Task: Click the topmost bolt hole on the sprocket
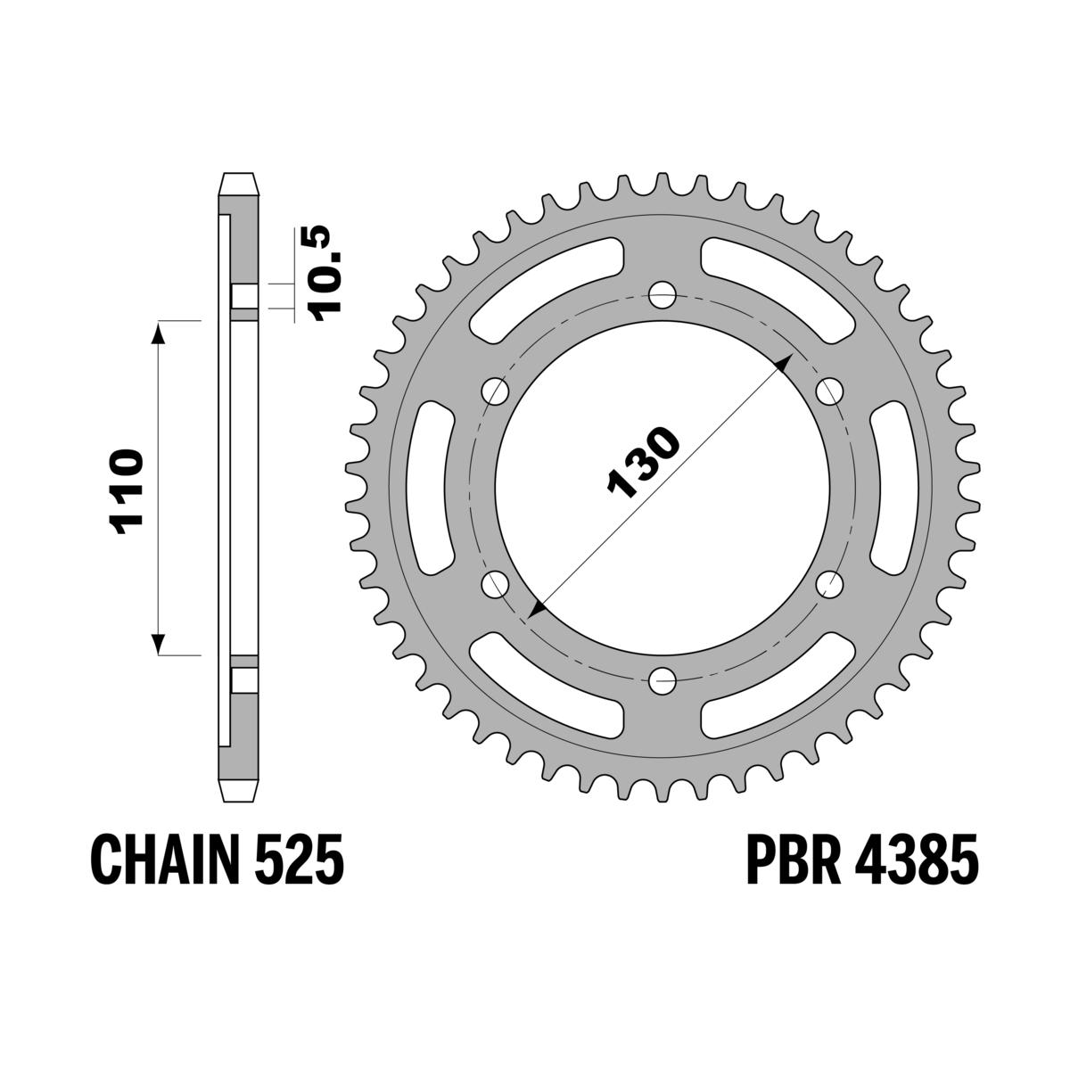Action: [662, 294]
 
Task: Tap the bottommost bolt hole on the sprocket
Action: [662, 682]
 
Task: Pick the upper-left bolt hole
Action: [494, 391]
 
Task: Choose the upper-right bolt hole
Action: [829, 391]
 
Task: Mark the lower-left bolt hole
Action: [494, 585]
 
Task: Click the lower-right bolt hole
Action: [829, 585]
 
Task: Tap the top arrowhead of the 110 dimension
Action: [158, 330]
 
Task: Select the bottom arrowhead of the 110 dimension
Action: [158, 646]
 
